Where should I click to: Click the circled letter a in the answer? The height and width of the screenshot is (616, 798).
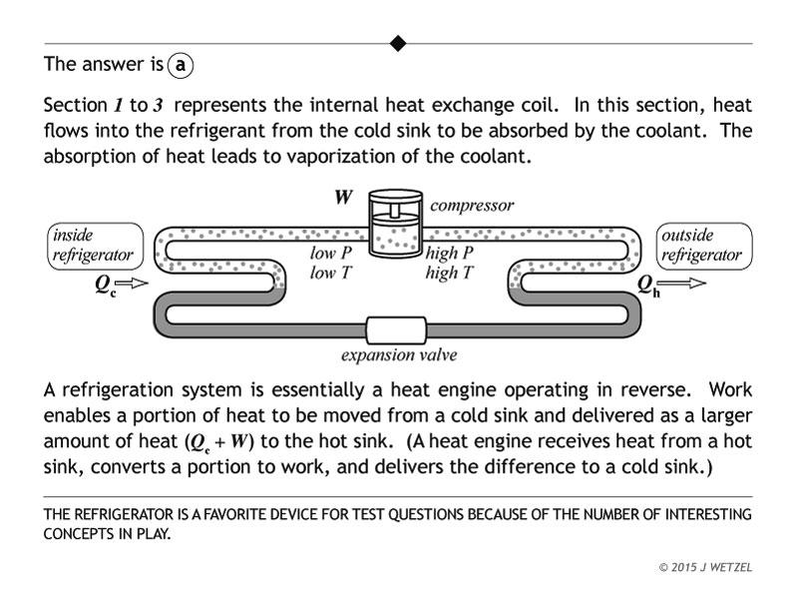(x=180, y=65)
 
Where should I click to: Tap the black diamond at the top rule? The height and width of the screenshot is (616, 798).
(x=398, y=43)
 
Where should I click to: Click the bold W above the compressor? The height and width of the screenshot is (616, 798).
(x=342, y=197)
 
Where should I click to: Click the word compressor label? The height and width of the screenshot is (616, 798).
(x=472, y=206)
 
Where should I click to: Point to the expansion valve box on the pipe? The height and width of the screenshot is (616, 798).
(x=397, y=329)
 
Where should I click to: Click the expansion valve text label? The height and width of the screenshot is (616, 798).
(x=399, y=355)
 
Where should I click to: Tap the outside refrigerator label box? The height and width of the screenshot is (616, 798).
(x=702, y=246)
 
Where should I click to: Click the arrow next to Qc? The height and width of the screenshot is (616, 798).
(x=138, y=284)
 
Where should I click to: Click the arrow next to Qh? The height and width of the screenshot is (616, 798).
(x=685, y=284)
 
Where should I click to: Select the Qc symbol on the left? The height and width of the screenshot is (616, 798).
(x=106, y=285)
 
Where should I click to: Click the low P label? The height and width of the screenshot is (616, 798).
(x=330, y=254)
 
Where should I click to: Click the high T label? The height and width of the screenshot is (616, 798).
(x=449, y=273)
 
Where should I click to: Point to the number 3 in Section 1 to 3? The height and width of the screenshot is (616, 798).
(x=158, y=105)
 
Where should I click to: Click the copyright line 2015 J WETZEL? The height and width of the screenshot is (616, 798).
(x=705, y=567)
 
